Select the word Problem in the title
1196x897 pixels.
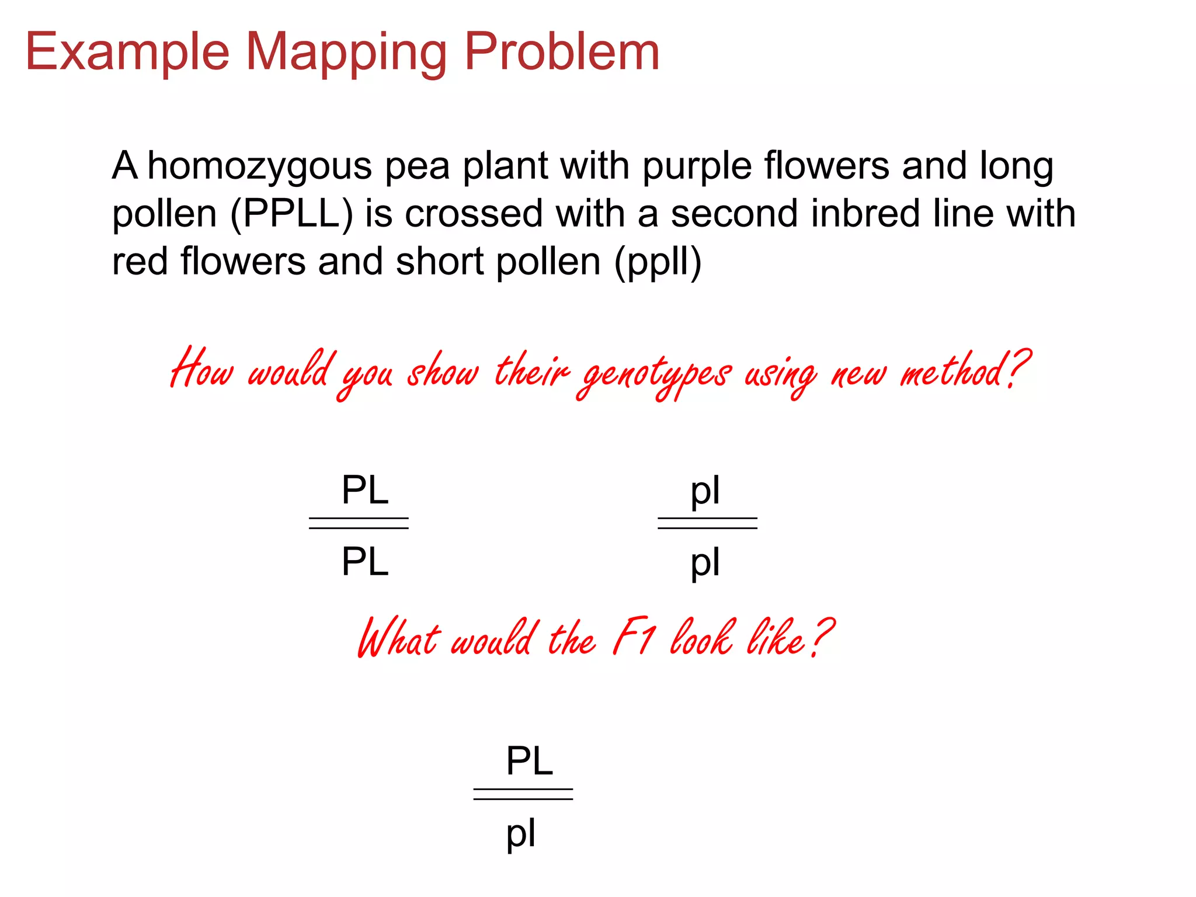561,53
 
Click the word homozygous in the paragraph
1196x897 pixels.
259,167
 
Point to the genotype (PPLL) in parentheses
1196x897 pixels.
291,214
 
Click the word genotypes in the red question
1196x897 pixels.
654,374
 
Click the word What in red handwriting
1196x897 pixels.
399,638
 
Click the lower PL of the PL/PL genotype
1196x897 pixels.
365,562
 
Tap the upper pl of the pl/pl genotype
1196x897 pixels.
705,492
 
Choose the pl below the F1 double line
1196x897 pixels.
520,835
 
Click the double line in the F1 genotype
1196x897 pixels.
523,794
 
